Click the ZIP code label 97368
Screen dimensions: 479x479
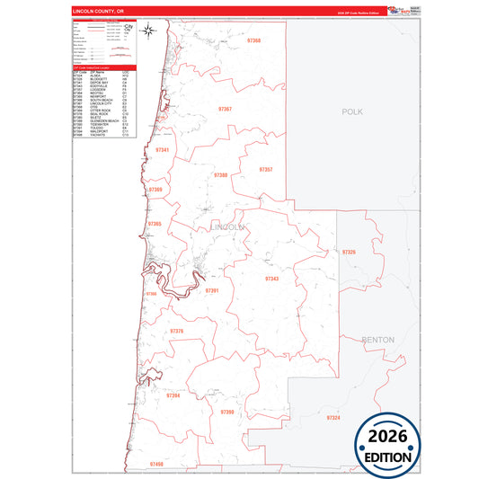[253, 41]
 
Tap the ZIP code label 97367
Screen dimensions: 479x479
[224, 109]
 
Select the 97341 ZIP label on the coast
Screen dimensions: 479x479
[162, 150]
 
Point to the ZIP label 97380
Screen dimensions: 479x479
[220, 175]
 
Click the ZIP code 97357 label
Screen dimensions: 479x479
[265, 169]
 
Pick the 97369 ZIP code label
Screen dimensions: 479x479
[155, 190]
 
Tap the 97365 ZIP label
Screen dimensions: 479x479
[155, 224]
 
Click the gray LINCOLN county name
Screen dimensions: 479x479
[228, 227]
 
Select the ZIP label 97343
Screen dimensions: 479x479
[271, 279]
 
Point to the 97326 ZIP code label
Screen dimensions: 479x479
[349, 253]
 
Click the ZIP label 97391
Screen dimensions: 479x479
[212, 290]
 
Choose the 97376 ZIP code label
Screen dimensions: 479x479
[176, 332]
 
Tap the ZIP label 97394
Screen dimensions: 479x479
[173, 395]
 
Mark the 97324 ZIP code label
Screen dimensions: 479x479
[333, 418]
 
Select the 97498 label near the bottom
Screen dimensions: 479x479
[157, 463]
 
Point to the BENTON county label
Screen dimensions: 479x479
[377, 340]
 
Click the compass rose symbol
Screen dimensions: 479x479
[150, 34]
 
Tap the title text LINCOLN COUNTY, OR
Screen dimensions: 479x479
[93, 11]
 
